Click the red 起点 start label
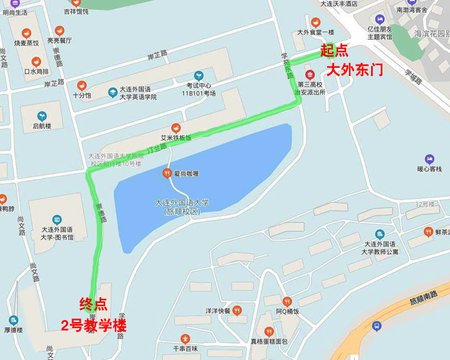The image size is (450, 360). pos(334,52)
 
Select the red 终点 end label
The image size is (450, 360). pos(94,304)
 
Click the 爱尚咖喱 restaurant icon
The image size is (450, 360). pos(167,174)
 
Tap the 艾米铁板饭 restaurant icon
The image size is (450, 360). pos(175,127)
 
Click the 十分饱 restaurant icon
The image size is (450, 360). pos(82,86)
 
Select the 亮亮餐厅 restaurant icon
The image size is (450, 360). pos(60,31)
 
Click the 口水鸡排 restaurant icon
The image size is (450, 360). pos(36,62)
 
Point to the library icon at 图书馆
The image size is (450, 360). pos(57,219)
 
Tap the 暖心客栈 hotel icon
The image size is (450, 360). pos(429,159)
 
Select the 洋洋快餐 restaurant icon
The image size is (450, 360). pos(237,311)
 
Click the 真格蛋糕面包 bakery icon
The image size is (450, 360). pos(269,332)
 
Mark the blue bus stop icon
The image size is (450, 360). pos(377,326)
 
